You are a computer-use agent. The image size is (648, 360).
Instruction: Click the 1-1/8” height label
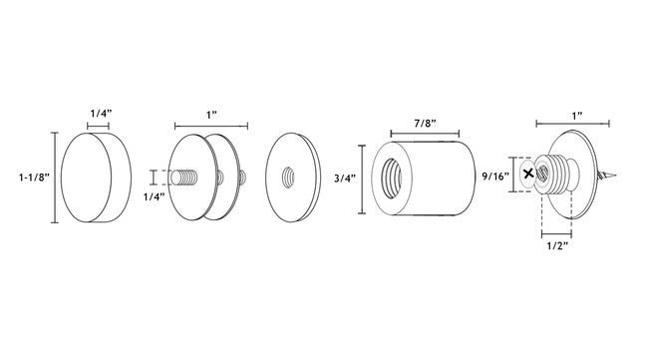[x=34, y=178]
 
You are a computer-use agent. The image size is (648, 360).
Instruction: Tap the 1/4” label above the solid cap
[x=102, y=113]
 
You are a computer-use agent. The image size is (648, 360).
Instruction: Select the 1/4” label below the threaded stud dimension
[x=155, y=196]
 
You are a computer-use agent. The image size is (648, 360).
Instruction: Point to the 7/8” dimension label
[x=426, y=124]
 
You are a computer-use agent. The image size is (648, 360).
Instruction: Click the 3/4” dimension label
[x=345, y=179]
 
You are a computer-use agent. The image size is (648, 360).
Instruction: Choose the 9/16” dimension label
[x=495, y=177]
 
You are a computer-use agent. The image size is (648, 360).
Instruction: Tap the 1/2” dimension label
[x=558, y=246]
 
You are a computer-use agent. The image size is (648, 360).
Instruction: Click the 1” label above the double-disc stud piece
[x=212, y=115]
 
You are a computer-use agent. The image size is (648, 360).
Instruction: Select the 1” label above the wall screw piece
[x=577, y=115]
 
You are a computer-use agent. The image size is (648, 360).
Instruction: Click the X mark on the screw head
[x=528, y=174]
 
